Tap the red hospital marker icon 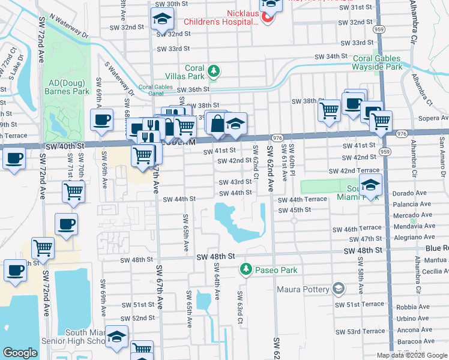268,19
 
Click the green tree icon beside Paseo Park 245,270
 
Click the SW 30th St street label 172,4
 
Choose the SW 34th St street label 331,56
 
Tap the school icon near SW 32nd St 161,20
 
